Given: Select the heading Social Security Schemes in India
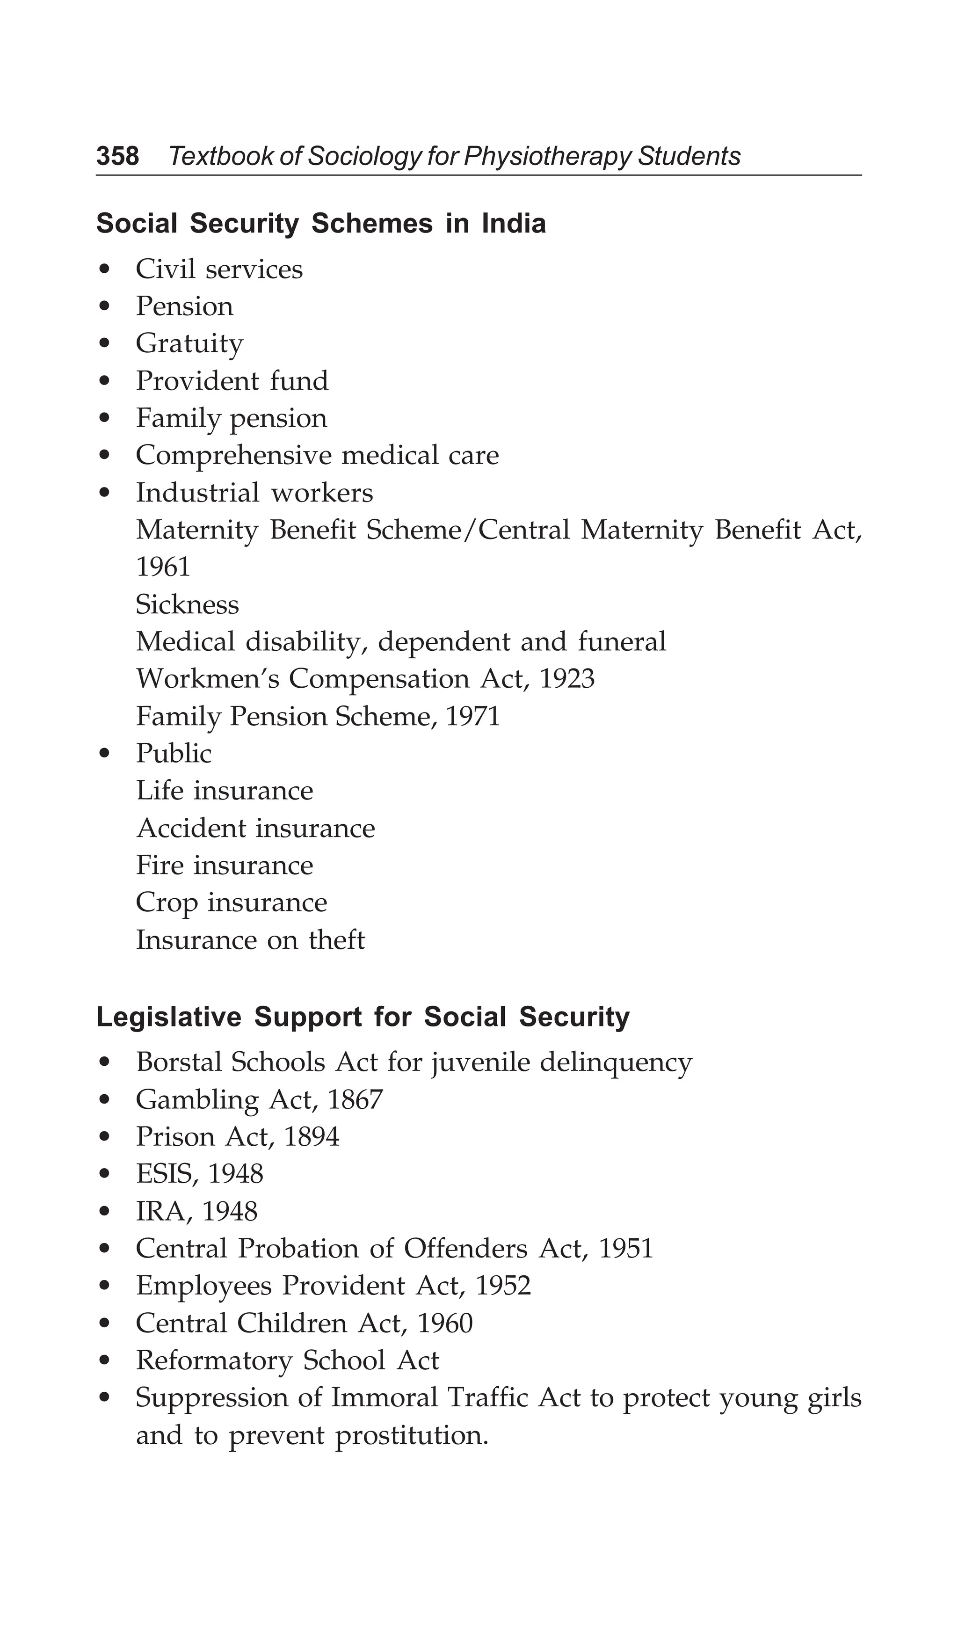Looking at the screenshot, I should coord(320,224).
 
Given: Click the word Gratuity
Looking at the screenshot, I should coord(189,343).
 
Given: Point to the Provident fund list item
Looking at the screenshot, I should coord(232,381).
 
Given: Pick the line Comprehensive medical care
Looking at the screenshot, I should coord(317,455).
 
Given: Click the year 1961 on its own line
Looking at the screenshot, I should coord(163,567).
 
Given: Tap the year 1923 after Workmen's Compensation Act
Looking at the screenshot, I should coord(566,679).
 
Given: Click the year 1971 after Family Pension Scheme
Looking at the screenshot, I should coord(473,716).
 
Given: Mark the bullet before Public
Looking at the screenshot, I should coord(104,754).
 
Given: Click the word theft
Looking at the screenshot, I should coord(337,940).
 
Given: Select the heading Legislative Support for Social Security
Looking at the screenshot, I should coord(363,1017).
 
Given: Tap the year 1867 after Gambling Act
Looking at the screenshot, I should coord(356,1099).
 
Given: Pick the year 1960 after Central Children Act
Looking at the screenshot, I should coord(445,1323).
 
